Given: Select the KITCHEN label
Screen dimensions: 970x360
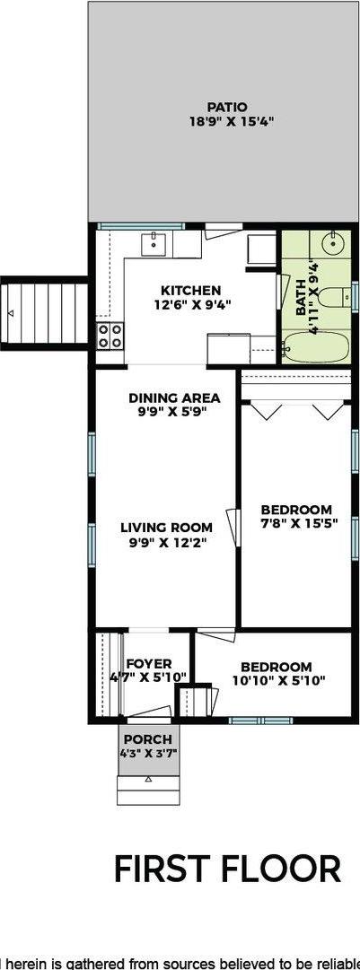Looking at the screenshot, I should point(190,291).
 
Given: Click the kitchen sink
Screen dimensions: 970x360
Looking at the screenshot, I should point(154,242).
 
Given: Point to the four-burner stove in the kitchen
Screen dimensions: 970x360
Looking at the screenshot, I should point(110,336).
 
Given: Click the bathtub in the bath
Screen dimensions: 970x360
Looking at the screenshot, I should point(317,348).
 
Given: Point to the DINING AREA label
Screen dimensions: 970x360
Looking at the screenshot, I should point(174,398).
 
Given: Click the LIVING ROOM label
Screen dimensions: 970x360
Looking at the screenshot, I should point(166,527).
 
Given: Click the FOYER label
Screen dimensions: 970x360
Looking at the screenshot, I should point(149,664).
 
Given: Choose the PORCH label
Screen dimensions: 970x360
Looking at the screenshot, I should point(148,739).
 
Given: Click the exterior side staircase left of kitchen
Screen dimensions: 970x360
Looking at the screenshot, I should point(45,312).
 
